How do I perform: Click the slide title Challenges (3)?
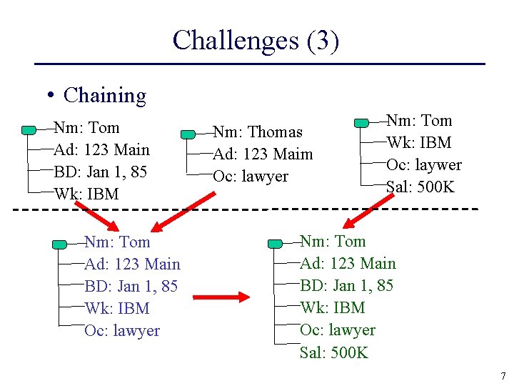coord(256,40)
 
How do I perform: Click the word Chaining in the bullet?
coord(104,95)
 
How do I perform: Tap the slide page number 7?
coord(503,376)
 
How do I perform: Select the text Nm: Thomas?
coord(258,132)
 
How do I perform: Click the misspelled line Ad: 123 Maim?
coord(263,154)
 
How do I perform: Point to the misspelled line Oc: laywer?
coord(424,164)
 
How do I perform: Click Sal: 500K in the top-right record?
coord(420,187)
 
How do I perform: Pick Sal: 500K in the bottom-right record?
coord(334,352)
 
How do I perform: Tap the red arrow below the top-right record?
coord(362,212)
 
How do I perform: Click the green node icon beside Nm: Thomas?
coord(188,134)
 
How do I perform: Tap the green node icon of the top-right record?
coord(362,122)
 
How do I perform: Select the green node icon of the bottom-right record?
coord(275,244)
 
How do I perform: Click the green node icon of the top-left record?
coord(29,130)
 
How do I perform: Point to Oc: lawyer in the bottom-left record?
coord(122,330)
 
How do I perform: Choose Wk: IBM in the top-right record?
coord(419,142)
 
